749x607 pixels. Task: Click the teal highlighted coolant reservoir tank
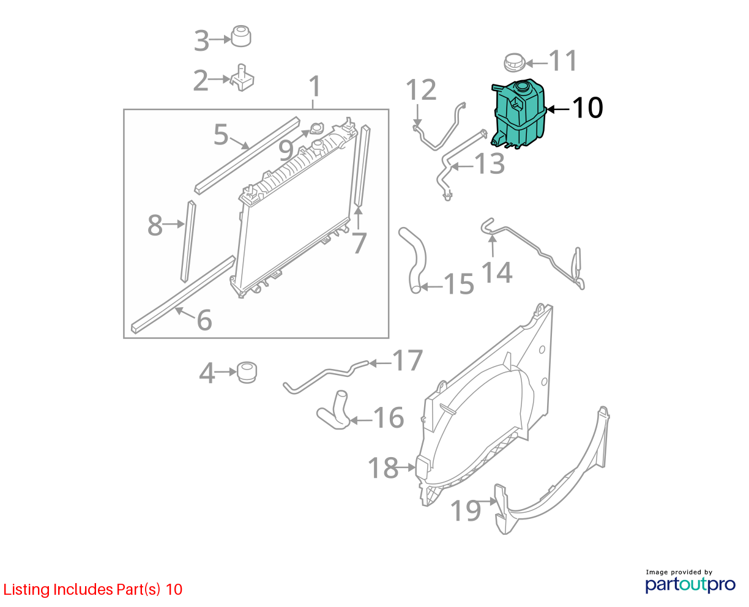(518, 114)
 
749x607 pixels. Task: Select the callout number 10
(587, 108)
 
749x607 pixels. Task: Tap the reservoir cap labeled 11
(515, 63)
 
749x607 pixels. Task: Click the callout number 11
(562, 61)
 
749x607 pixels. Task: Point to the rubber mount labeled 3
(241, 36)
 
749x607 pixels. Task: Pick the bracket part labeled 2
(242, 78)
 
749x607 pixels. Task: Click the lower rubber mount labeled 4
(247, 373)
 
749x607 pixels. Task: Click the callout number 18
(383, 467)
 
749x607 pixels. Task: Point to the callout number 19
(465, 510)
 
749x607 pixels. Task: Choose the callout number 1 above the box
(315, 86)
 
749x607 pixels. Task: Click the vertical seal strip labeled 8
(188, 242)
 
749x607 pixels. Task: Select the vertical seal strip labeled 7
(362, 165)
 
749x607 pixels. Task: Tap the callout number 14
(496, 272)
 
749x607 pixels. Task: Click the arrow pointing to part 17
(380, 363)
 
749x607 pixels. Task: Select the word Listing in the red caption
(27, 589)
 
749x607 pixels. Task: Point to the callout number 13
(489, 163)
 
